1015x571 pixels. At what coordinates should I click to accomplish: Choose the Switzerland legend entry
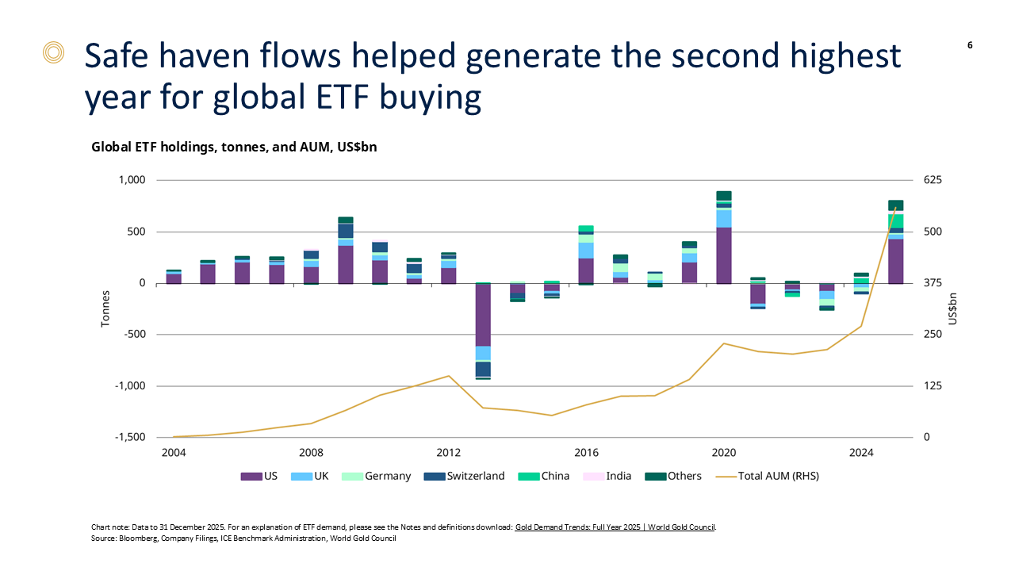[x=468, y=477]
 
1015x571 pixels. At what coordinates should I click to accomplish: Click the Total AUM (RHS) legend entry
[x=768, y=477]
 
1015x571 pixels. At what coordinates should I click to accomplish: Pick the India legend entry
[x=611, y=477]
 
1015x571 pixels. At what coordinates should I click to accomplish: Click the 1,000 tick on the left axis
[x=132, y=180]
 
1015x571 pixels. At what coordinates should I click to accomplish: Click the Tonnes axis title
[x=105, y=308]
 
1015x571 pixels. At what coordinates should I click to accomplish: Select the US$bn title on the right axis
[x=952, y=308]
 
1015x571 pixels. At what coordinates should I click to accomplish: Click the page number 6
[x=970, y=45]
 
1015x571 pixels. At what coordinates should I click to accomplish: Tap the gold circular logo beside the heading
[x=53, y=53]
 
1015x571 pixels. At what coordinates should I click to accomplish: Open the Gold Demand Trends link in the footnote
[x=615, y=527]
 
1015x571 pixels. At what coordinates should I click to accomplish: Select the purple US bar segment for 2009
[x=346, y=264]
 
